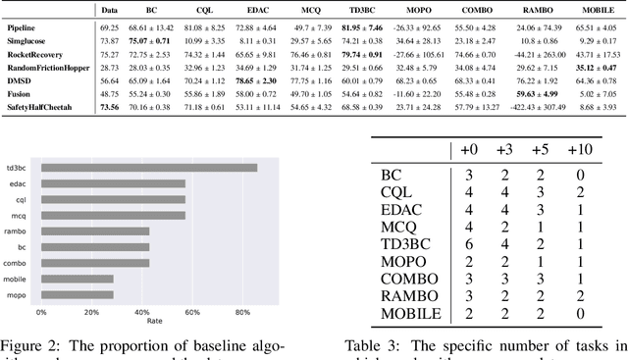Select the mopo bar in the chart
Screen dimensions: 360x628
77,294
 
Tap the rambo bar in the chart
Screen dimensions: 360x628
95,231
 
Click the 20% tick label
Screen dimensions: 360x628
91,312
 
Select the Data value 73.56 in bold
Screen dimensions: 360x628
110,106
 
